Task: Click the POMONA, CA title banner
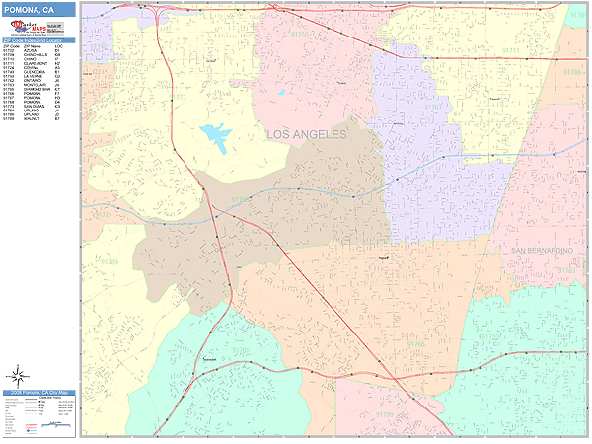click(x=37, y=9)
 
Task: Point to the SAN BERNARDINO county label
click(x=542, y=252)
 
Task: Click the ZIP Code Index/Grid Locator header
click(x=37, y=40)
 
